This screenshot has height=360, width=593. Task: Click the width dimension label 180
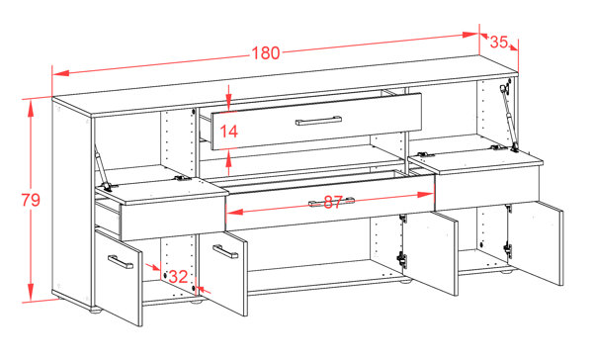click(x=266, y=52)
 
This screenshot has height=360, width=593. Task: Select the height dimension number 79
click(x=31, y=200)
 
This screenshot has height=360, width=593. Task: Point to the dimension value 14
click(x=228, y=131)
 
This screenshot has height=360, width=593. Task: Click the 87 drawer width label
click(x=331, y=203)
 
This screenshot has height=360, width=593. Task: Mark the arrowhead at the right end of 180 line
click(x=473, y=36)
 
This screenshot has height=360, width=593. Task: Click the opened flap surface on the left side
click(x=148, y=179)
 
